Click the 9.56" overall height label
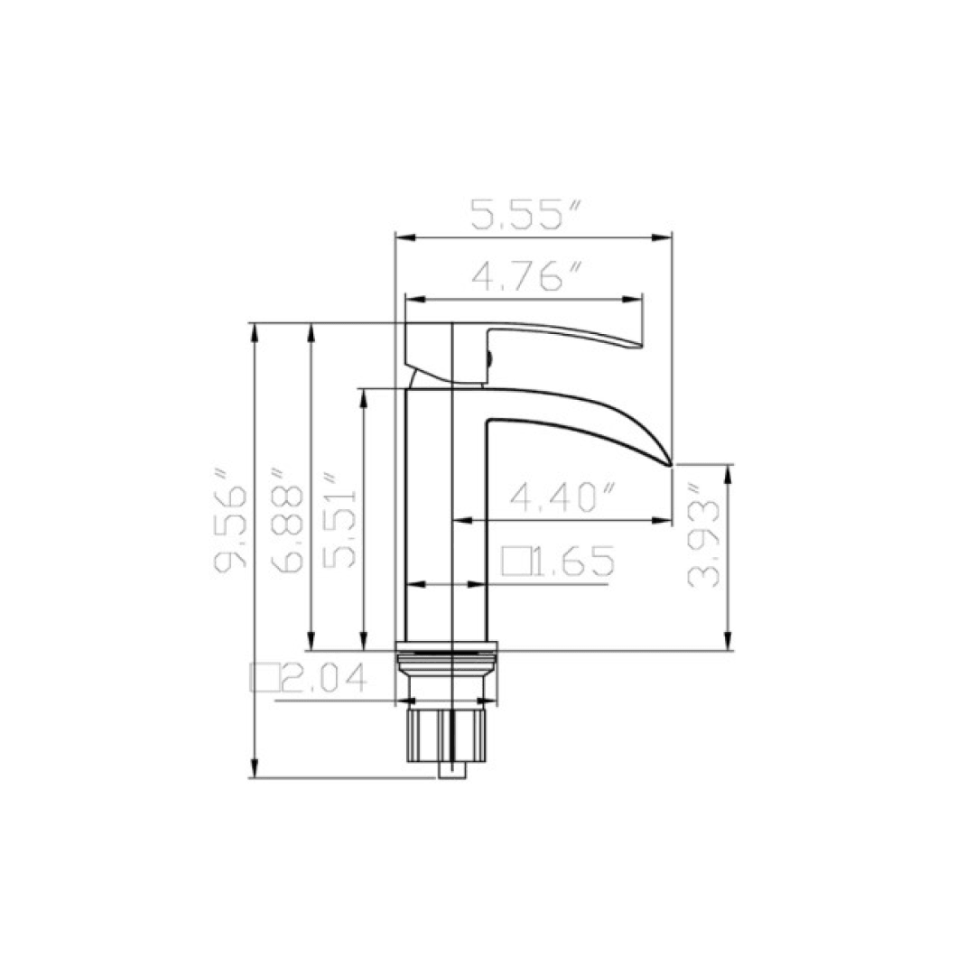[x=230, y=530]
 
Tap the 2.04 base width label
[x=322, y=677]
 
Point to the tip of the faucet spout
[x=669, y=463]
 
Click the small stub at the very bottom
[x=451, y=770]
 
